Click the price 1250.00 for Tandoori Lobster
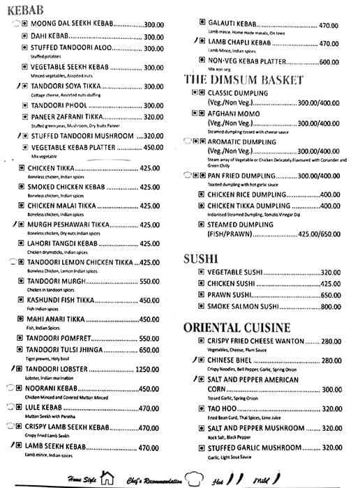[147, 369]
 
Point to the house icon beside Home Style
[107, 478]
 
